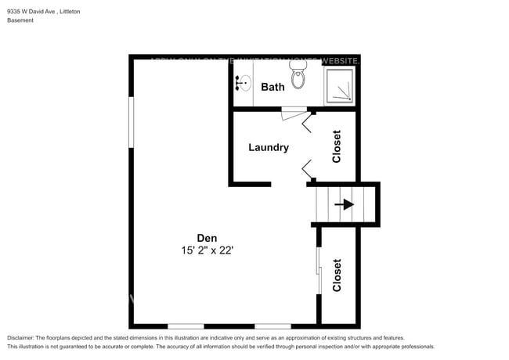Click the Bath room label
[273, 87]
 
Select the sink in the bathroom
[243, 82]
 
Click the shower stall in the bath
[340, 85]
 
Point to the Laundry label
[269, 147]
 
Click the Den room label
[207, 238]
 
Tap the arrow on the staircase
[344, 205]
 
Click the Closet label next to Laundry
[337, 146]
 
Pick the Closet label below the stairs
[337, 275]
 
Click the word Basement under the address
[20, 20]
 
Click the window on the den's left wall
[132, 121]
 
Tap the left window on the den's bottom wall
[186, 326]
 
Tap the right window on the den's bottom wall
[273, 326]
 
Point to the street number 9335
[14, 12]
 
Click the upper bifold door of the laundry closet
[308, 121]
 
